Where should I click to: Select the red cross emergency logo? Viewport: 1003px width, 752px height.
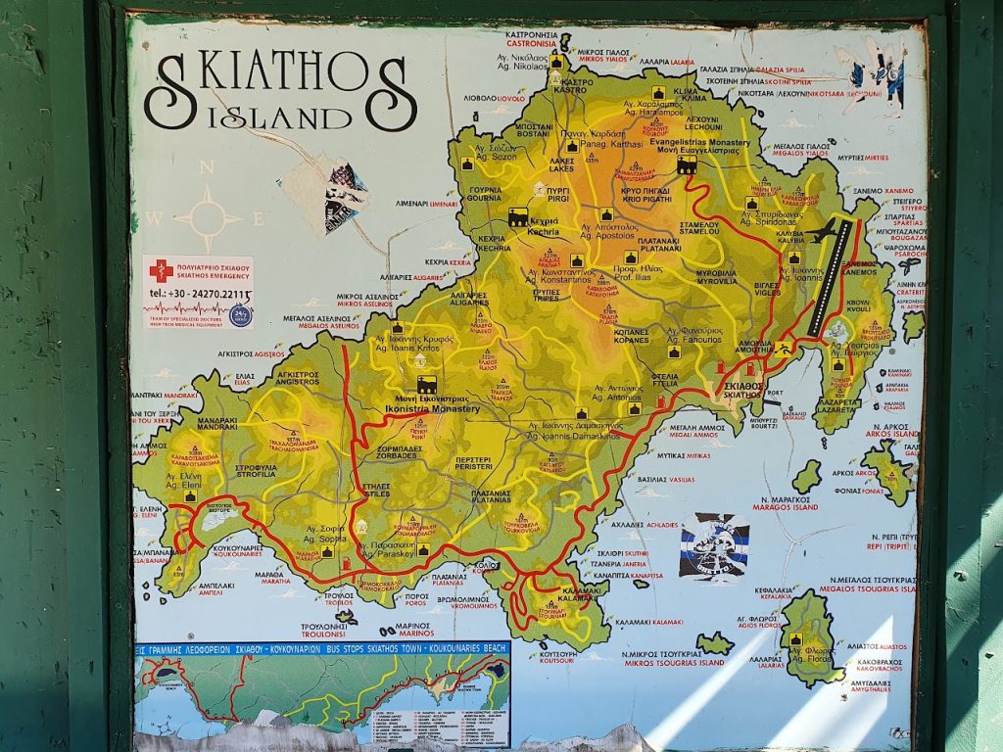click(x=161, y=271)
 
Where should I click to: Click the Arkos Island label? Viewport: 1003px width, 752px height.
click(x=886, y=433)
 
